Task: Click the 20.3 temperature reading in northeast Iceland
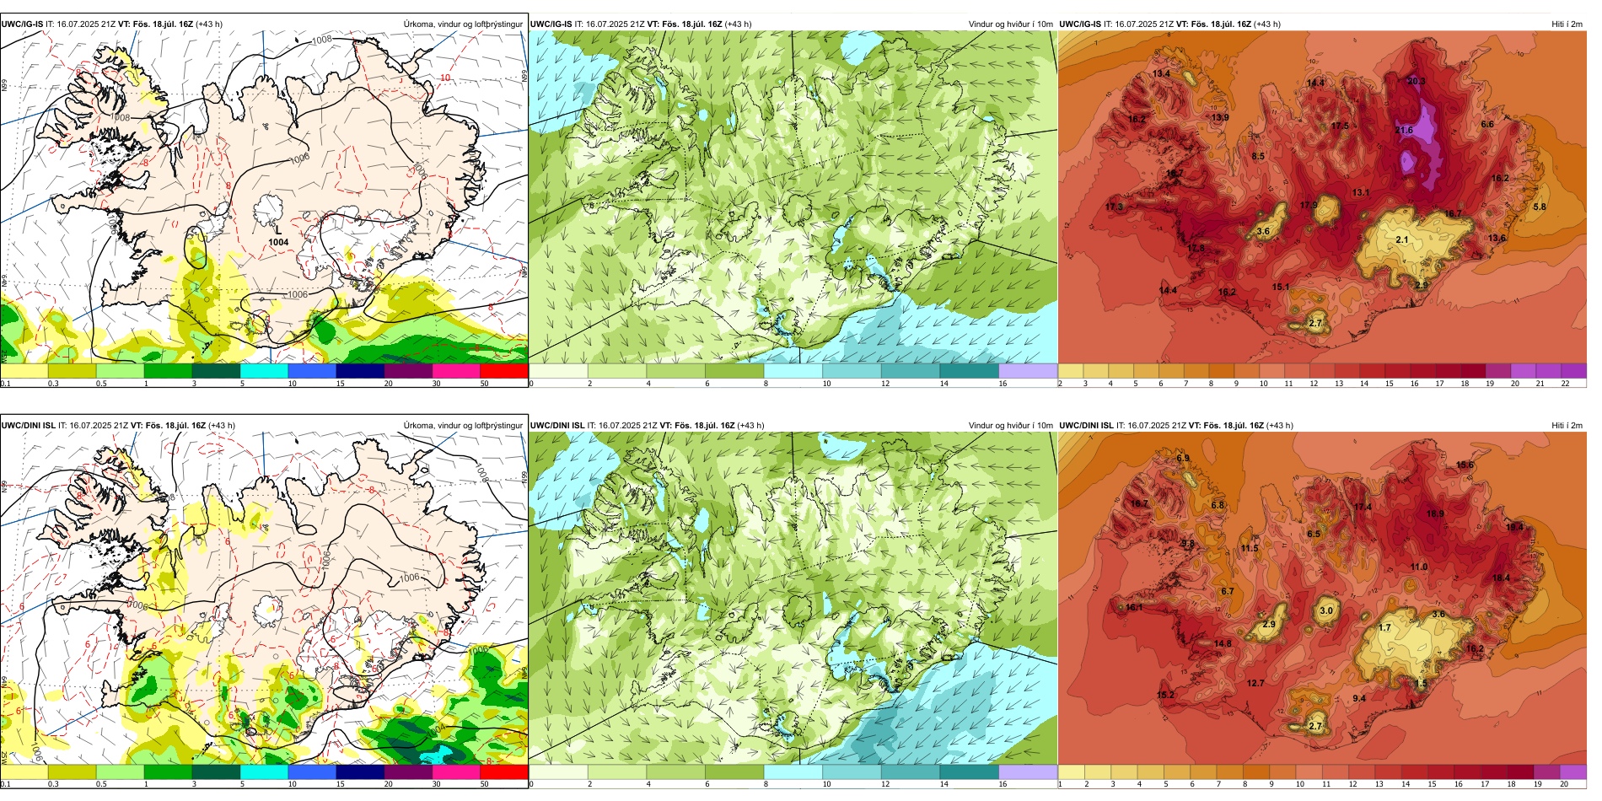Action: [1416, 82]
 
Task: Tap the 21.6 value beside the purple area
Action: [1404, 130]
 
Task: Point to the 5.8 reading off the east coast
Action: [1540, 207]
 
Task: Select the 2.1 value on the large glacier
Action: [1401, 240]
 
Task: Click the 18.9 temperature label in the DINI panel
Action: [1434, 513]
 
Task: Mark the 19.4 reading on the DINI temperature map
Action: [1514, 527]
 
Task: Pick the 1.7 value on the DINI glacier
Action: [1384, 627]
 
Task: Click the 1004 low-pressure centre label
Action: [278, 242]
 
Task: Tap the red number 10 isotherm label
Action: [445, 78]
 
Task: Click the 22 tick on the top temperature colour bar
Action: [1564, 384]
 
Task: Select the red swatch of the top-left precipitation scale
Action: [503, 371]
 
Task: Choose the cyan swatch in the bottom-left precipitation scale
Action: [264, 771]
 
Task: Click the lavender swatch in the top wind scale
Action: [1028, 371]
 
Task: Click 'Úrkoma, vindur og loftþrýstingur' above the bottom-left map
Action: [463, 425]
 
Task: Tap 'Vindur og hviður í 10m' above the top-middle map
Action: [1010, 24]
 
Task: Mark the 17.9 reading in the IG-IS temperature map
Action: [1309, 205]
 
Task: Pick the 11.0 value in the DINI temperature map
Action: [1419, 567]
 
